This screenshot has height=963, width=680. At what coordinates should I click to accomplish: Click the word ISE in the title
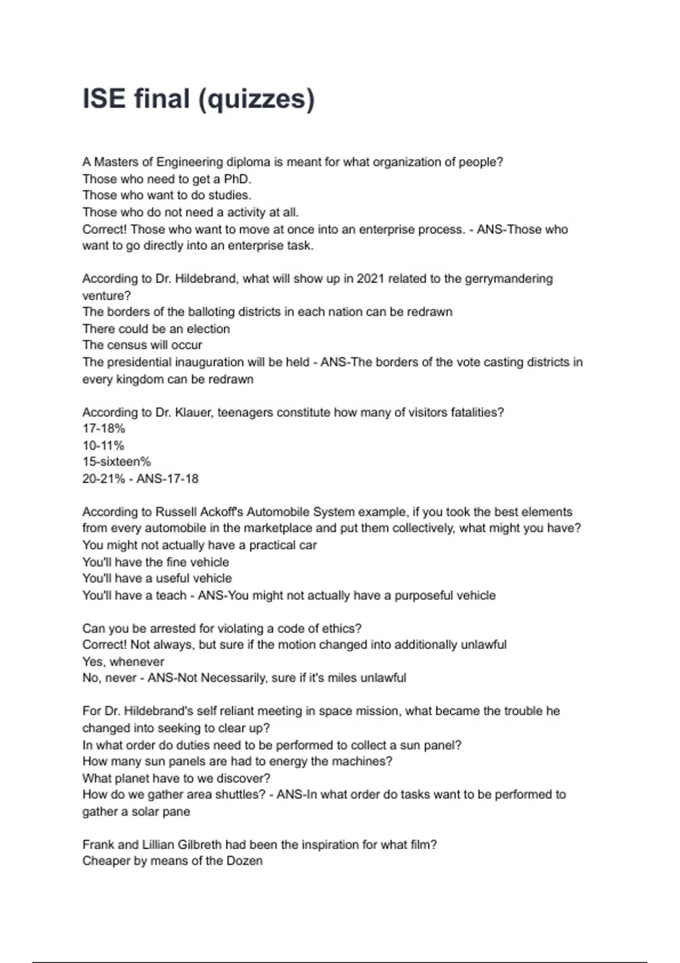[x=104, y=99]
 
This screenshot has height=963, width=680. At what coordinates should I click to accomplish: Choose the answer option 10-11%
[x=103, y=445]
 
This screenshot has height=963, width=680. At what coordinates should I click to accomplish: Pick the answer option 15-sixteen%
[x=116, y=462]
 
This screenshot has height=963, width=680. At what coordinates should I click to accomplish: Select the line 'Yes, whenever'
[x=123, y=662]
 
